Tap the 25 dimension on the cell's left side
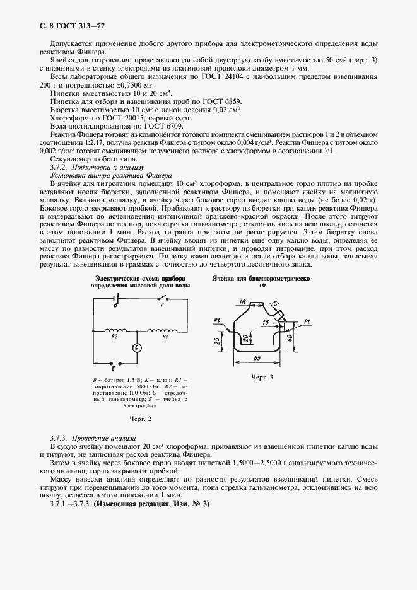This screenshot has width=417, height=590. [217, 341]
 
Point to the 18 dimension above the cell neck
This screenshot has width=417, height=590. [243, 302]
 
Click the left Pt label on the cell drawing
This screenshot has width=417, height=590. [216, 321]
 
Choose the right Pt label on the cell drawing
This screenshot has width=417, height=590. [307, 321]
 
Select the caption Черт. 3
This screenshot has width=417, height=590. [261, 377]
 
